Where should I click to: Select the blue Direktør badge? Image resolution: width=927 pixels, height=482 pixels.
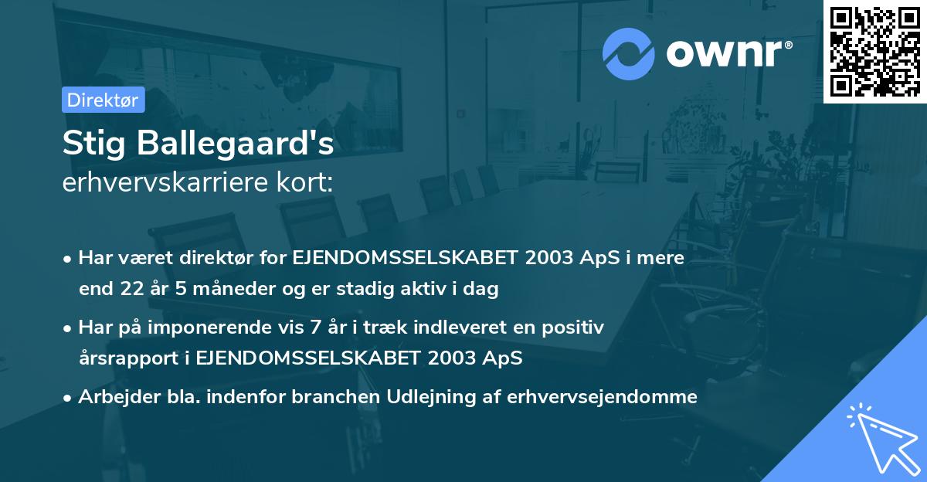103,100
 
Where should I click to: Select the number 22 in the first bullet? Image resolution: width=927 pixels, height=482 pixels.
131,290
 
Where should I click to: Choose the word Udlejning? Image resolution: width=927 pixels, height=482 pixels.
423,397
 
